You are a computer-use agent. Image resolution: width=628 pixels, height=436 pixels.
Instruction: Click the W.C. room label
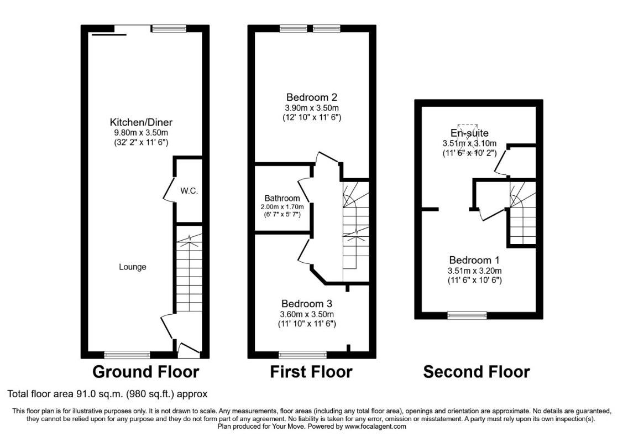tap(189, 191)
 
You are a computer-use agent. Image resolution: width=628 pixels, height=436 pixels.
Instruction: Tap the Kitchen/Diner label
tap(141, 122)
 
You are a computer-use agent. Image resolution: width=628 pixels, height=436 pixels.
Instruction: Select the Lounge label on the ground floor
tap(133, 267)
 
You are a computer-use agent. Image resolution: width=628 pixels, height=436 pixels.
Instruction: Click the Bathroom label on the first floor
tap(282, 199)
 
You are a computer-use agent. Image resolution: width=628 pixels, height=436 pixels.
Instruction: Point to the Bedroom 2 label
tap(312, 97)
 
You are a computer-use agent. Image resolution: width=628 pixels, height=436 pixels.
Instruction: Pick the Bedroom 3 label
tap(307, 304)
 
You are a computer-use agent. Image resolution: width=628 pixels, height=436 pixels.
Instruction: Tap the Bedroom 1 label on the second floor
tap(474, 260)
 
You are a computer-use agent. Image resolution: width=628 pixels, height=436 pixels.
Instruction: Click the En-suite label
tap(469, 133)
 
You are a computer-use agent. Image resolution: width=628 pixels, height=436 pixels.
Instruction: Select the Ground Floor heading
tap(146, 372)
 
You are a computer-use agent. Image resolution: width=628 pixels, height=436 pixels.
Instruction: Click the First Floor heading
tap(311, 372)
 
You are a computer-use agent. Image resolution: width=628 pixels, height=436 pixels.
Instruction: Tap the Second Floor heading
tap(477, 372)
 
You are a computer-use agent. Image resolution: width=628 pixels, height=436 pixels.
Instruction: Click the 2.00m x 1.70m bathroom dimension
tap(282, 207)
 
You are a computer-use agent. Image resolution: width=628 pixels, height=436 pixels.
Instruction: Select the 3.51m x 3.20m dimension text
tap(475, 271)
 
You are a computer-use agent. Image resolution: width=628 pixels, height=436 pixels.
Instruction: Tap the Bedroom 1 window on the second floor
tap(467, 316)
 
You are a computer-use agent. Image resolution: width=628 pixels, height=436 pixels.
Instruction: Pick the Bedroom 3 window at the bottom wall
tap(303, 355)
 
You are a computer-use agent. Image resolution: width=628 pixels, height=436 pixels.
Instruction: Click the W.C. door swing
tap(169, 188)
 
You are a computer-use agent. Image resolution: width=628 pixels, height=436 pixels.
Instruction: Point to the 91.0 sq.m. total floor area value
tap(101, 394)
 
